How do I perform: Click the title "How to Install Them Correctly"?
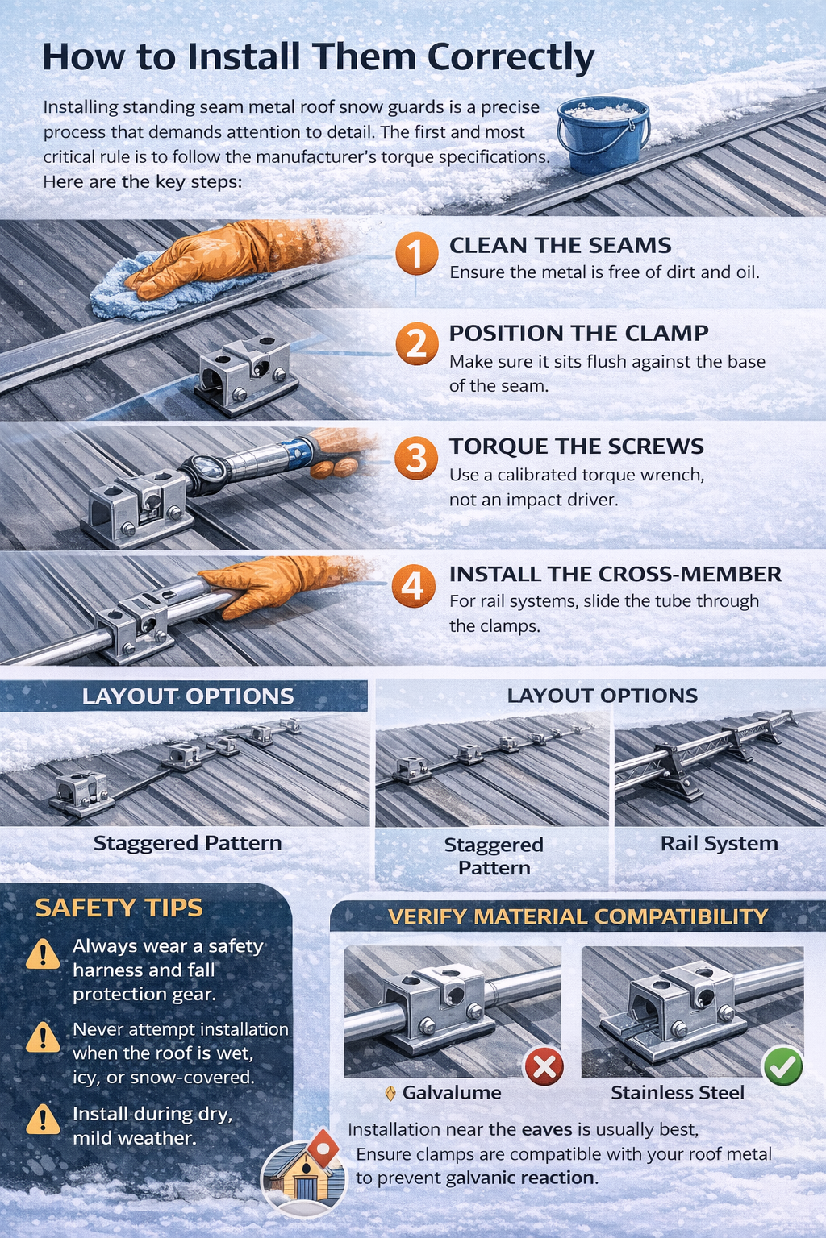[x=318, y=57]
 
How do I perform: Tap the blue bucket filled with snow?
[x=603, y=135]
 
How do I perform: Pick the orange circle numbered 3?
[x=415, y=458]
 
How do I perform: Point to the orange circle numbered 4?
[x=412, y=586]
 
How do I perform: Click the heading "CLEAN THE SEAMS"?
[x=560, y=245]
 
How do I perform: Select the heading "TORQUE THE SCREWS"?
[x=576, y=446]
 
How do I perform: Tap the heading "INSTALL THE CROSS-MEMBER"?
[x=615, y=574]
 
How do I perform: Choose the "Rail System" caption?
[x=719, y=843]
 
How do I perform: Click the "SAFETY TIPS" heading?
[x=119, y=908]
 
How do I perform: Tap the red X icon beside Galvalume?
[x=544, y=1066]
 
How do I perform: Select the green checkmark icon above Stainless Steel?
[x=782, y=1066]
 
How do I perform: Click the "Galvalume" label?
[x=452, y=1093]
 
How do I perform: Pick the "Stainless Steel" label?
[x=678, y=1093]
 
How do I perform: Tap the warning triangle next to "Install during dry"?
[x=43, y=1119]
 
